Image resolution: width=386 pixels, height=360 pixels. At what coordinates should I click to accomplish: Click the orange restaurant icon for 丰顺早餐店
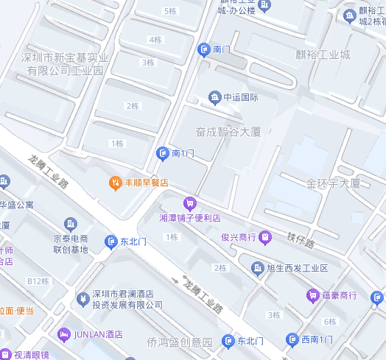(x=115, y=183)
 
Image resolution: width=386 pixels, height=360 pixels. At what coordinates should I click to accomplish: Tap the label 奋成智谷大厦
(x=228, y=133)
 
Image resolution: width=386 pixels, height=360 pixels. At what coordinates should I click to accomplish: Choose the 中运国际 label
(x=241, y=97)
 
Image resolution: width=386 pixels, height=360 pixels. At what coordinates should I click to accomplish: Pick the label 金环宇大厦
(x=333, y=183)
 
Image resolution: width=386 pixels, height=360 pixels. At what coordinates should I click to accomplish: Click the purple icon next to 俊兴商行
(x=267, y=236)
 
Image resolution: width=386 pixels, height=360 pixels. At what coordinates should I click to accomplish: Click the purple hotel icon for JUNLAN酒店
(x=64, y=334)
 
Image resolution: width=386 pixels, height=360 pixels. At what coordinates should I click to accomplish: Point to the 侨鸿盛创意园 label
(x=179, y=342)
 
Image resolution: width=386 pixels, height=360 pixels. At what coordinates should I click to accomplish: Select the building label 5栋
(x=169, y=11)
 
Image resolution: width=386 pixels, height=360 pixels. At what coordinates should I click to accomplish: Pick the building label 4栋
(x=155, y=40)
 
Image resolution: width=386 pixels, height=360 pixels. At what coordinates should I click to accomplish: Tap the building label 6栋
(x=329, y=322)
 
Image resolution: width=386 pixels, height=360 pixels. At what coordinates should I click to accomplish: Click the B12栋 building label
(x=38, y=281)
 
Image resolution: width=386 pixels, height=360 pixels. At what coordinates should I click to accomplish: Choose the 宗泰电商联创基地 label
(x=71, y=244)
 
